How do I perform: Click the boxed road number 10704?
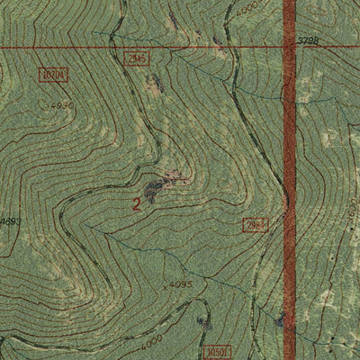(x=54, y=74)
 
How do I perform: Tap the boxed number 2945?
(x=137, y=58)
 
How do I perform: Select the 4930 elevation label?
(x=61, y=106)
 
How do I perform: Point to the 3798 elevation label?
(x=309, y=40)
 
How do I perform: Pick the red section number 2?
(x=136, y=204)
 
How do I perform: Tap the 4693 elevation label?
(x=10, y=221)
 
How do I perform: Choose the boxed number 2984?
(x=255, y=222)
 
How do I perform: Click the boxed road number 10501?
(x=218, y=351)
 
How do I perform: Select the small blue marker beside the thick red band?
(x=280, y=319)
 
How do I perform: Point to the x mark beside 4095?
(x=166, y=284)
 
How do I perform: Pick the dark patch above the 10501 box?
(x=203, y=321)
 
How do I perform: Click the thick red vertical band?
(x=289, y=180)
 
